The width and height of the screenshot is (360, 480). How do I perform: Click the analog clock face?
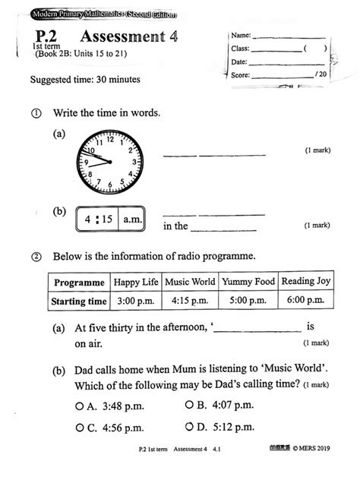(109, 162)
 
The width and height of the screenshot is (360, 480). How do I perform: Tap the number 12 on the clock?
(110, 140)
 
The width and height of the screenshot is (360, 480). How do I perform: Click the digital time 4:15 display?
(99, 219)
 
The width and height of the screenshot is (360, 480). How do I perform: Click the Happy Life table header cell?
(137, 282)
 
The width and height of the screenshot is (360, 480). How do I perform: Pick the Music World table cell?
(191, 282)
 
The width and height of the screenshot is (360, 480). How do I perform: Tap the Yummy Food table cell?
(248, 282)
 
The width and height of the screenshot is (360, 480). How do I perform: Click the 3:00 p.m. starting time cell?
(137, 301)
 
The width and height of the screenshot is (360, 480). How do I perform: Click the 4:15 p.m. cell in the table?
(191, 301)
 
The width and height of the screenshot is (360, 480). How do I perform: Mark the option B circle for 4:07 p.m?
(189, 405)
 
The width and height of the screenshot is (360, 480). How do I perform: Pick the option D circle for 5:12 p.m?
(189, 428)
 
